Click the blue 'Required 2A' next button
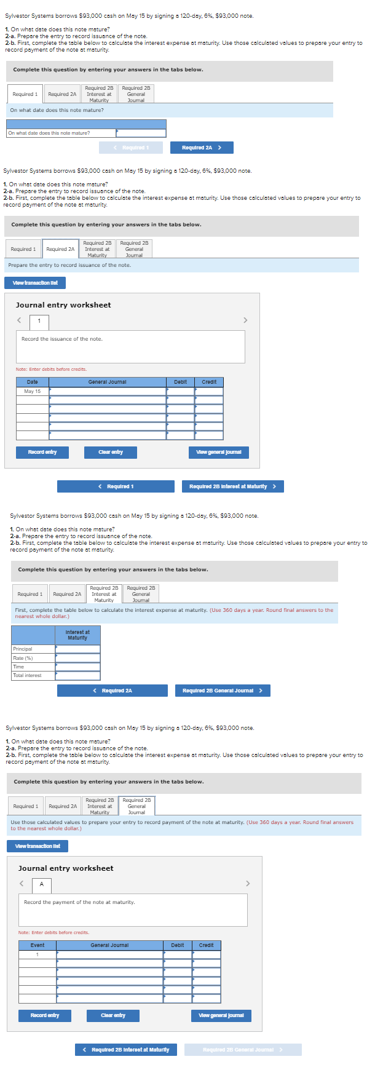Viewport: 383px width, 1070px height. [x=201, y=148]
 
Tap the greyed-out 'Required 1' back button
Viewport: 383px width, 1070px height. [x=131, y=148]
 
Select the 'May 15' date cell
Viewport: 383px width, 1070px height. [x=33, y=391]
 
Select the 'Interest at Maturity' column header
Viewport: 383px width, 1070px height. [x=77, y=635]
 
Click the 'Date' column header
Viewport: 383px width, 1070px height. [x=33, y=382]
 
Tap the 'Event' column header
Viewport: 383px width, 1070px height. [x=38, y=945]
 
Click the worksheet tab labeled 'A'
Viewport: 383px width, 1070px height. [x=42, y=884]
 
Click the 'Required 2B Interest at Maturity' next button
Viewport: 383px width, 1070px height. [x=232, y=486]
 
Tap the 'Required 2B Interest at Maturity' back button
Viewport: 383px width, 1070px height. [x=126, y=1050]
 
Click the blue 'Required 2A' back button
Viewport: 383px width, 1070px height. [x=113, y=691]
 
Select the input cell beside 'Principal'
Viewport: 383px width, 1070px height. [x=77, y=649]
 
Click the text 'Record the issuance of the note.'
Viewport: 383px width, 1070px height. [x=62, y=339]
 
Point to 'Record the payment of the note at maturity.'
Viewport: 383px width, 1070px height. [x=79, y=902]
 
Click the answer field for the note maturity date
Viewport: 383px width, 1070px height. [x=141, y=133]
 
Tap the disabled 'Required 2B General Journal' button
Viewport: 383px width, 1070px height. [x=243, y=1050]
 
